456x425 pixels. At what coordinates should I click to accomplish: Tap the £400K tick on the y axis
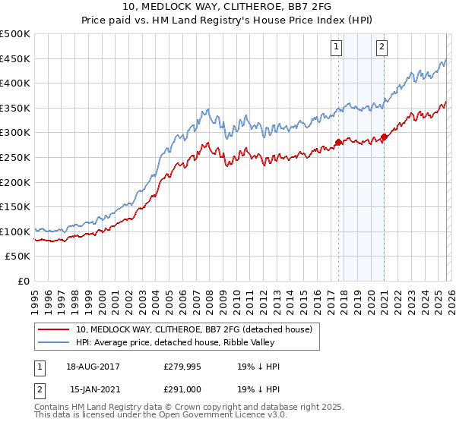tap(15, 83)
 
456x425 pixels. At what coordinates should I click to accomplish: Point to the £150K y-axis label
tap(15, 206)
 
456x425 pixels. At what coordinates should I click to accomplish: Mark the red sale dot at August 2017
tap(338, 142)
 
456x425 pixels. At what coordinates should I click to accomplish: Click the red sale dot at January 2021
tap(384, 137)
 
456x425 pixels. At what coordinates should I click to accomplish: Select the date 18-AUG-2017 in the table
tap(93, 367)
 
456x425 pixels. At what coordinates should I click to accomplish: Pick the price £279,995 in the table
tap(182, 367)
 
